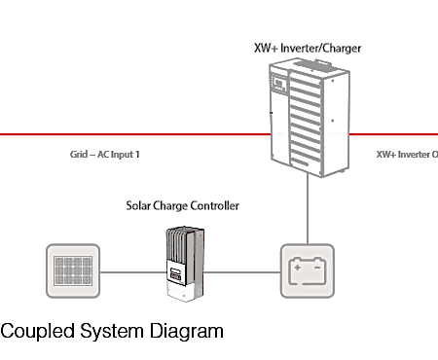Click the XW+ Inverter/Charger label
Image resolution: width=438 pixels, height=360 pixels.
coord(308,49)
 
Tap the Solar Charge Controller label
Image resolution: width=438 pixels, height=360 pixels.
coord(183,205)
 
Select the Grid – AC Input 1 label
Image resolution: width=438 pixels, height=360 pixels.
coord(105,155)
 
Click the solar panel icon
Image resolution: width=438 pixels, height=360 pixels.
coord(73,270)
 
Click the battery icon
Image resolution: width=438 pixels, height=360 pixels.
coord(308,270)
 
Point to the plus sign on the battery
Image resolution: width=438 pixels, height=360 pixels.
coord(297,268)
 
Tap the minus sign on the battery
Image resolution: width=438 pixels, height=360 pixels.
coord(317,268)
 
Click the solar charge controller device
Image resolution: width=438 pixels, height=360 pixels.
coord(185,264)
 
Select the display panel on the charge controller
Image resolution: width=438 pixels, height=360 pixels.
coord(175,274)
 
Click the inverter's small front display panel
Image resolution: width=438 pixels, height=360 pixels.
coord(278,84)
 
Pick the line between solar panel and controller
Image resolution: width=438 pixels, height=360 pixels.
coord(133,272)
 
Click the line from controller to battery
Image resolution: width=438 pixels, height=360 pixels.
coord(242,272)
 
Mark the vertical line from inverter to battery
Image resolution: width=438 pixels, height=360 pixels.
coord(308,208)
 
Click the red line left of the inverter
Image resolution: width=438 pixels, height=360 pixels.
coord(135,134)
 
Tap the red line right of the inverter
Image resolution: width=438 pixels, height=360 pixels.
coord(393,134)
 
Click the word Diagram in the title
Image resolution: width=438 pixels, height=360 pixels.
coord(186,332)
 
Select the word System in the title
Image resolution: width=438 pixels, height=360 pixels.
coord(112,332)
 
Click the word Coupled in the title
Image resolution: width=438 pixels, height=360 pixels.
coord(37,332)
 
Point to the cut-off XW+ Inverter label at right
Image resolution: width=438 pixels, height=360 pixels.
coord(407,155)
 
